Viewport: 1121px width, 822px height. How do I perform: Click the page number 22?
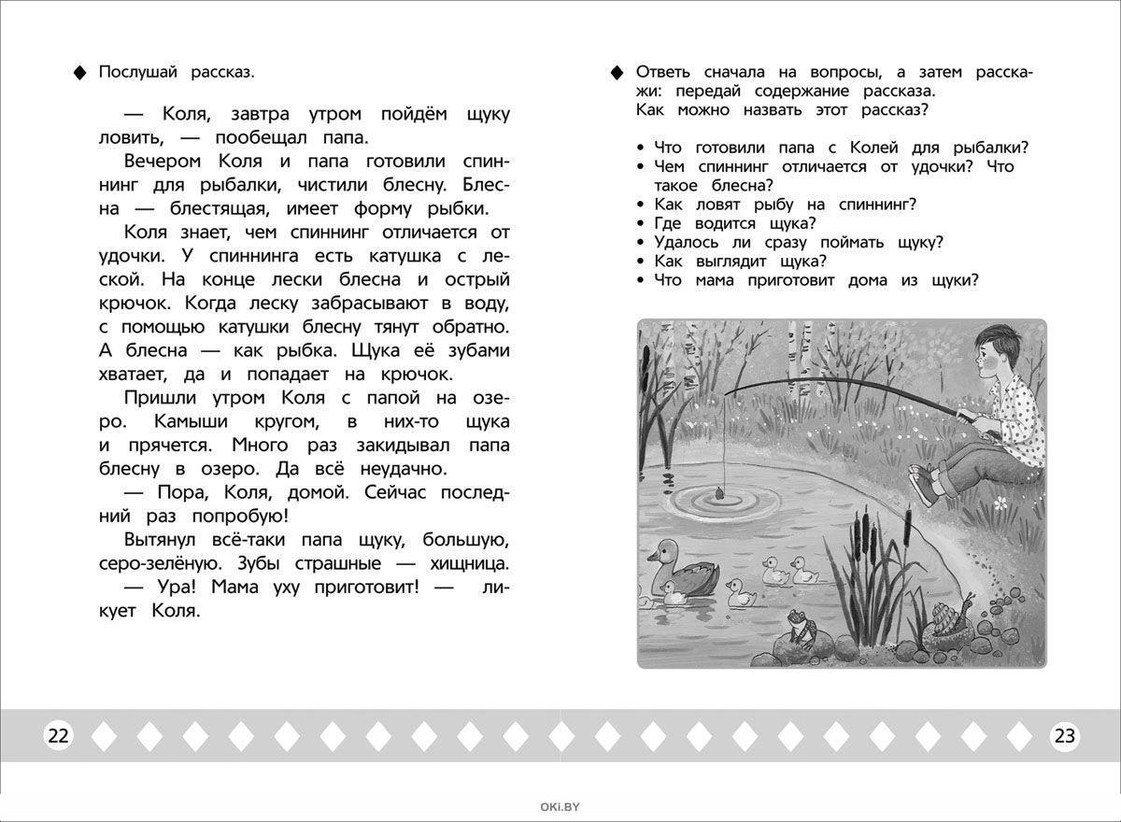[x=58, y=736]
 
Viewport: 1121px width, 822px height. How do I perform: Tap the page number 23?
[x=1064, y=736]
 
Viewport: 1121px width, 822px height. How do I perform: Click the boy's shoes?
[x=925, y=488]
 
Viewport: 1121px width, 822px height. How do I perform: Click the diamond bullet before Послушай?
[x=79, y=73]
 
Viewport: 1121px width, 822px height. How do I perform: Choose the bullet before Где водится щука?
[x=640, y=223]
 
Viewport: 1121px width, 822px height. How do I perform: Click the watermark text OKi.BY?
[x=560, y=807]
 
